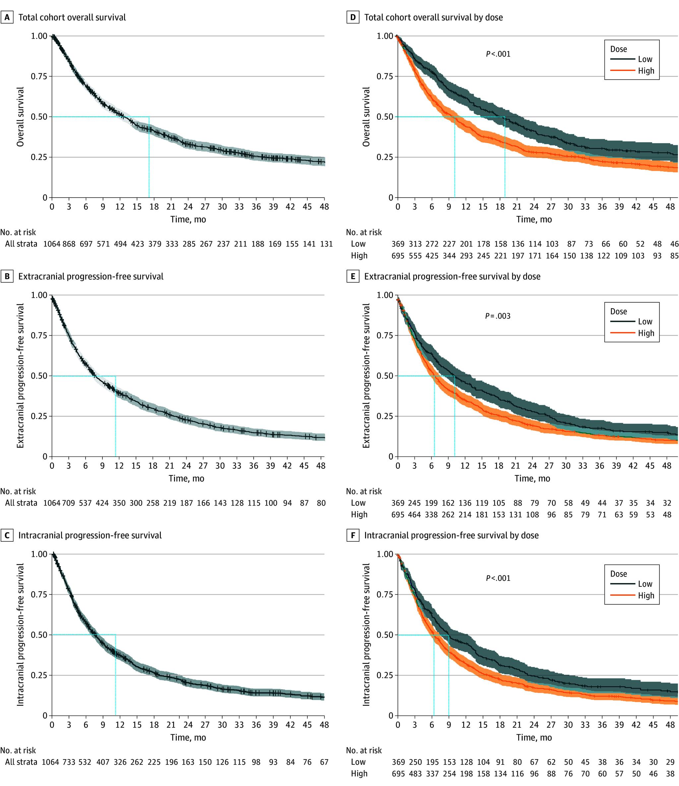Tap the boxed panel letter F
(352, 535)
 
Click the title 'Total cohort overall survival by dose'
(434, 18)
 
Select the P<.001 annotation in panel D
(498, 54)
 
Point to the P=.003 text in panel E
(498, 316)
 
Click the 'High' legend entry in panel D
(646, 71)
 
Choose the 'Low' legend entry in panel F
(645, 584)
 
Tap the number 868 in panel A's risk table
(69, 244)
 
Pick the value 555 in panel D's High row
(415, 256)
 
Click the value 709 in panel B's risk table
(69, 503)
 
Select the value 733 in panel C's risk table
(69, 762)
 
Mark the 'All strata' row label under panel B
(21, 503)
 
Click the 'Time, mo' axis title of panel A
(188, 219)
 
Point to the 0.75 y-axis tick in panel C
(39, 594)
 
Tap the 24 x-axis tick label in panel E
(532, 465)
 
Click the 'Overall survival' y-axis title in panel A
(20, 116)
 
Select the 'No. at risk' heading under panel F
(364, 750)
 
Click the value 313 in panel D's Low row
(415, 244)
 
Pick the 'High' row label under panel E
(359, 515)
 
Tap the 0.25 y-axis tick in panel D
(385, 157)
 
